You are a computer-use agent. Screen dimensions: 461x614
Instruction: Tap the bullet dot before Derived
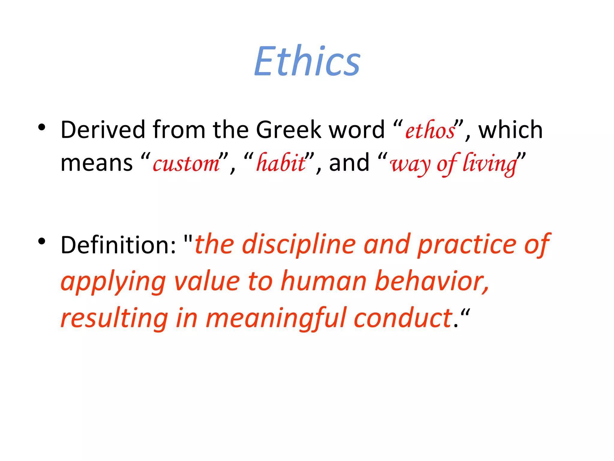coord(42,127)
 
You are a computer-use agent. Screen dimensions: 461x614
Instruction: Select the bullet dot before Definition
coord(42,241)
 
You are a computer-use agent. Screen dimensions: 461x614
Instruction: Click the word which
coord(510,130)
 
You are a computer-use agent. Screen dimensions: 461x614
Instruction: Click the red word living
coord(490,164)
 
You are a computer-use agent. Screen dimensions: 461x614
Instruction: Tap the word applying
coord(113,282)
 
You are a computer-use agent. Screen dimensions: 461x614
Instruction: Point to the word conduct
coord(403,318)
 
